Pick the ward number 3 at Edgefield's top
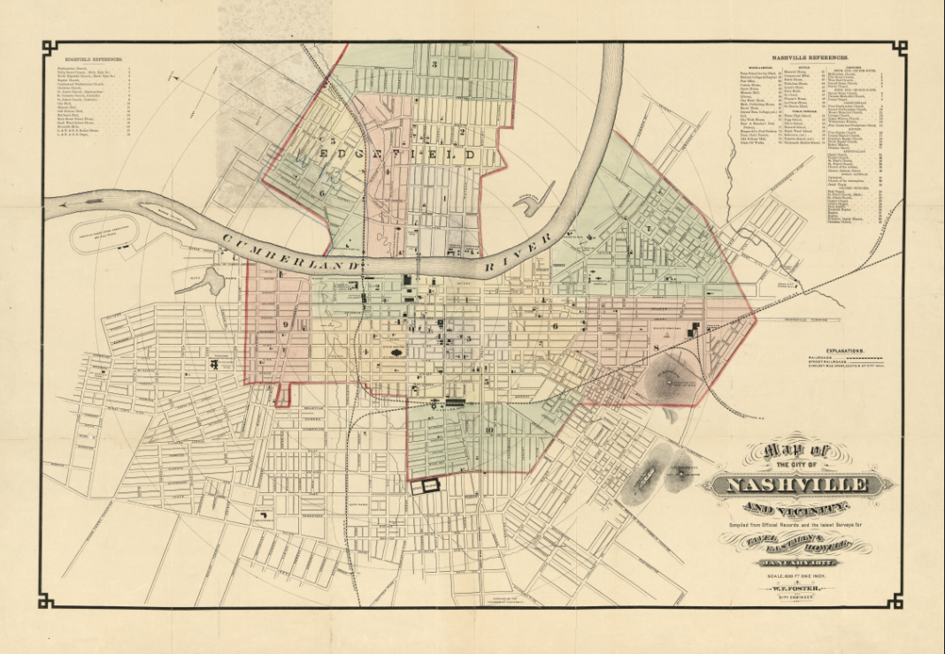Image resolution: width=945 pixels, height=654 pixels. click(434, 65)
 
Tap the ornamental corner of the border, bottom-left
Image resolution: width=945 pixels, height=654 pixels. click(48, 601)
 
